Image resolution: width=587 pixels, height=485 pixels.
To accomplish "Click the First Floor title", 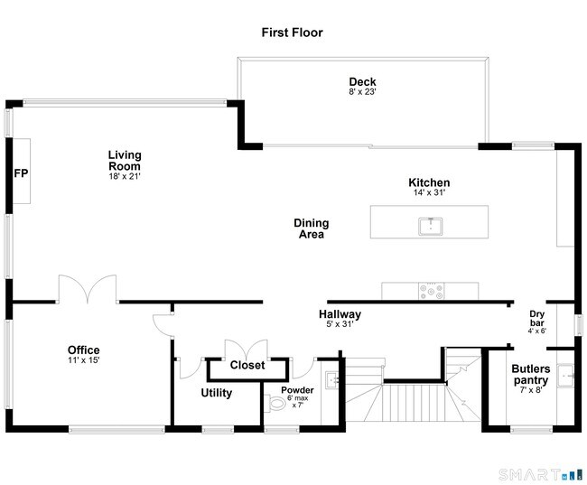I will [x=292, y=33].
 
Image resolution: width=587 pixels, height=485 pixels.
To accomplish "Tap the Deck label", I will [x=362, y=82].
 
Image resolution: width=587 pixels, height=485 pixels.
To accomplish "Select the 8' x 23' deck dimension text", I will [x=362, y=92].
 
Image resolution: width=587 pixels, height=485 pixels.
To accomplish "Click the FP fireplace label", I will [x=20, y=173].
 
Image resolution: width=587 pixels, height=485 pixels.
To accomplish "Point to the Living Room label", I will [x=125, y=161].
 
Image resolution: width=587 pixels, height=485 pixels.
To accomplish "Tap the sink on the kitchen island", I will [x=430, y=224].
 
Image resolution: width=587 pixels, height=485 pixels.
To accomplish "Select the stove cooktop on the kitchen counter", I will [x=430, y=291].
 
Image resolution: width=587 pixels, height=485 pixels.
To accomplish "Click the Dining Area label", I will [x=311, y=229].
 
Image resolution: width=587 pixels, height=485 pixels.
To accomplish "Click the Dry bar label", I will [x=537, y=319].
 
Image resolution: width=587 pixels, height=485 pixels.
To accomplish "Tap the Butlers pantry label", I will [x=531, y=375].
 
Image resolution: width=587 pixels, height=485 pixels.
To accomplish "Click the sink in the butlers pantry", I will [x=566, y=374].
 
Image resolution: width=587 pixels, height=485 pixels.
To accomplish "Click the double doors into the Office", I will [x=88, y=289].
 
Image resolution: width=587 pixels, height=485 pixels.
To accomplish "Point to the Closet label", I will [x=247, y=366].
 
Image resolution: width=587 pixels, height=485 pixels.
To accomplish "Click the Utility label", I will [x=216, y=393].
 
